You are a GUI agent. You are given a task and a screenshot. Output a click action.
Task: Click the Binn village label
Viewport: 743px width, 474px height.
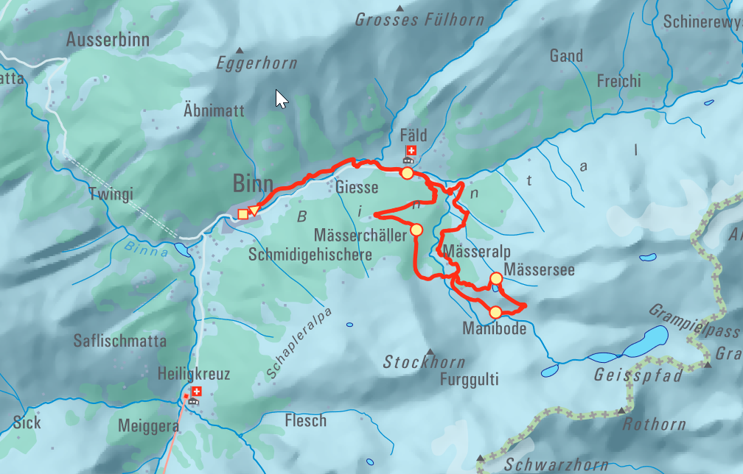pyautogui.click(x=253, y=183)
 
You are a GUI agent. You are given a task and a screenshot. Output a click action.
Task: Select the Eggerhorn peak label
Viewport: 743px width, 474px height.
pyautogui.click(x=257, y=64)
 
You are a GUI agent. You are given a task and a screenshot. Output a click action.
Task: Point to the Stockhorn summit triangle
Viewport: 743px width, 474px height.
pyautogui.click(x=430, y=351)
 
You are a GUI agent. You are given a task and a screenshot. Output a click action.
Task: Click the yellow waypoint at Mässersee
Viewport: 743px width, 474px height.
pyautogui.click(x=496, y=278)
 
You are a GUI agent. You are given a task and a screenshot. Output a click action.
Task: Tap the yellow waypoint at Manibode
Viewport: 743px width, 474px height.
pyautogui.click(x=496, y=312)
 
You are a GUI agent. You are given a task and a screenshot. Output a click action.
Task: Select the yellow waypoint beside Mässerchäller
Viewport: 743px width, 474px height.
pyautogui.click(x=416, y=230)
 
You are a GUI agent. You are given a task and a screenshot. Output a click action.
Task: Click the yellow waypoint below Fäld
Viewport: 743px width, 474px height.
pyautogui.click(x=407, y=173)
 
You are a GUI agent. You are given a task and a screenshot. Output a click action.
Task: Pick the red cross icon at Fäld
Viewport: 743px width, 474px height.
pyautogui.click(x=411, y=150)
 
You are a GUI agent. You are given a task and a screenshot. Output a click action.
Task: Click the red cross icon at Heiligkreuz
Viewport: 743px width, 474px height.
pyautogui.click(x=196, y=392)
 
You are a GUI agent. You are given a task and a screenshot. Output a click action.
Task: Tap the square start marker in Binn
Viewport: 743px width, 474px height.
pyautogui.click(x=243, y=214)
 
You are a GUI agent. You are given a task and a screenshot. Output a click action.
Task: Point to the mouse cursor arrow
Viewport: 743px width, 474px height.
pyautogui.click(x=281, y=99)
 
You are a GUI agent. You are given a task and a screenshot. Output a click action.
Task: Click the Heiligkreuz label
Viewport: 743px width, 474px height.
pyautogui.click(x=194, y=375)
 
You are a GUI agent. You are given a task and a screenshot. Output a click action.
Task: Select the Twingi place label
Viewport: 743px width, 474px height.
pyautogui.click(x=111, y=195)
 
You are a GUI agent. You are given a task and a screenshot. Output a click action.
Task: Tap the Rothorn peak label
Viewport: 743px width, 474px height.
pyautogui.click(x=654, y=425)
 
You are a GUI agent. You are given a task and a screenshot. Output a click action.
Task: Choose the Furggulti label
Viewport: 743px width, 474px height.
pyautogui.click(x=469, y=380)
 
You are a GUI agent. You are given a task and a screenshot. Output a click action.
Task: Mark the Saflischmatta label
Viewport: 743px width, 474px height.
pyautogui.click(x=120, y=342)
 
